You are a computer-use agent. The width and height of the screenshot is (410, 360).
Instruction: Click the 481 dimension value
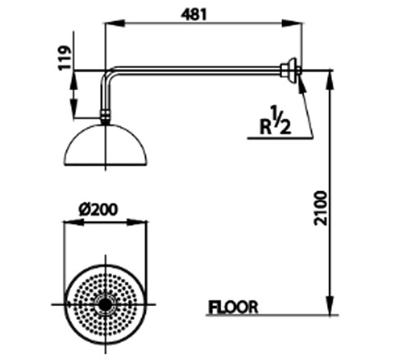tap(194, 14)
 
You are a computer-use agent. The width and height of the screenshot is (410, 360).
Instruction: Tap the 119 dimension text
tap(66, 57)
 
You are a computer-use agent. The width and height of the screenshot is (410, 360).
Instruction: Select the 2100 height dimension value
tap(320, 208)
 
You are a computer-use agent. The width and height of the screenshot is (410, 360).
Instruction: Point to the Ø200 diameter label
tap(98, 210)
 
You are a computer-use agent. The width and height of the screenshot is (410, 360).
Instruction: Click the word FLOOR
tap(233, 307)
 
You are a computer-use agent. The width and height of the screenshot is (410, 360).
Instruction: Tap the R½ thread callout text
tap(276, 121)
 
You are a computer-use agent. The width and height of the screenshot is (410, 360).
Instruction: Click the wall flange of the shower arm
tap(291, 71)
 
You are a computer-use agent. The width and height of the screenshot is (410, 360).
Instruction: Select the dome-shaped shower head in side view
tap(106, 145)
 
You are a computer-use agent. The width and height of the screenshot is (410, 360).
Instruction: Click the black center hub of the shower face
tap(105, 304)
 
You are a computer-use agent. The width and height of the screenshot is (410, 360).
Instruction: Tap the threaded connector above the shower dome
tap(105, 117)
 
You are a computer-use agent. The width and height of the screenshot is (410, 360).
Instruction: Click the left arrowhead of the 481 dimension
tap(115, 23)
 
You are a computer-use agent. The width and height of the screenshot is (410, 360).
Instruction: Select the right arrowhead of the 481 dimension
tap(292, 23)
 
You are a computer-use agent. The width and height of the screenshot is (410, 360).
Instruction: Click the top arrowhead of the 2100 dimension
tap(330, 80)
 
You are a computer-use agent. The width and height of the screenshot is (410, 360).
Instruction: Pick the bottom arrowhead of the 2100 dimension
tap(330, 305)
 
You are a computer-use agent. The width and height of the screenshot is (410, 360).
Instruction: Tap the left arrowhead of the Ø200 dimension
tap(74, 222)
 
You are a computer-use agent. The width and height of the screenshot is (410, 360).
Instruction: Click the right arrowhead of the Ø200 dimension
tap(137, 222)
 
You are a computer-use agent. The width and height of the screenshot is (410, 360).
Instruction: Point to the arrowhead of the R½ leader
tap(301, 84)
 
